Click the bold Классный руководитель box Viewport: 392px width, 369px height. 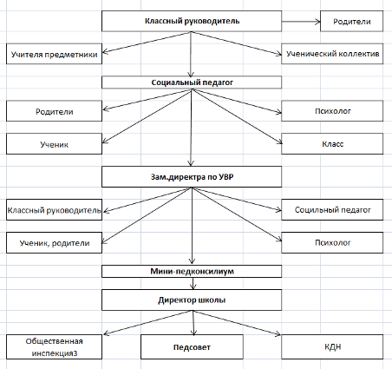pyautogui.click(x=192, y=21)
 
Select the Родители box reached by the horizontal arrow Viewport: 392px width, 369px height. pyautogui.click(x=352, y=21)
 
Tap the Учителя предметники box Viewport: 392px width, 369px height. pyautogui.click(x=54, y=54)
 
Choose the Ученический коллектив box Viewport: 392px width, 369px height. pyautogui.click(x=332, y=54)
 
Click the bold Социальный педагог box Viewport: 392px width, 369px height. pyautogui.click(x=192, y=82)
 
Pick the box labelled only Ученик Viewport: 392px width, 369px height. pyautogui.click(x=54, y=144)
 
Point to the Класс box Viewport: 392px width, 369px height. pyautogui.click(x=332, y=144)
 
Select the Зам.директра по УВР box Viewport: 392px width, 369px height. pyautogui.click(x=192, y=176)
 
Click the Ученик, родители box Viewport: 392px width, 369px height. pyautogui.click(x=54, y=242)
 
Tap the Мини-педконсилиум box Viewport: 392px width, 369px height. pyautogui.click(x=192, y=271)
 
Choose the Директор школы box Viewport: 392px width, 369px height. pyautogui.click(x=192, y=300)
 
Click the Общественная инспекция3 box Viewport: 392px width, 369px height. pyautogui.click(x=54, y=347)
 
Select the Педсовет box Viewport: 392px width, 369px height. pyautogui.click(x=192, y=347)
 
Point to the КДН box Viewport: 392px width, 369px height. pyautogui.click(x=332, y=347)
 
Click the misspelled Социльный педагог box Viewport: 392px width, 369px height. pyautogui.click(x=332, y=209)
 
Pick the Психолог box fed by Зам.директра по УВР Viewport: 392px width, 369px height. pyautogui.click(x=332, y=242)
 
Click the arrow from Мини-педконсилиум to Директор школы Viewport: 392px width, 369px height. pyautogui.click(x=193, y=284)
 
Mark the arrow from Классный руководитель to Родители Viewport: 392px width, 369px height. pyautogui.click(x=301, y=22)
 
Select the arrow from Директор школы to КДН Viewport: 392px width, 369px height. pyautogui.click(x=237, y=323)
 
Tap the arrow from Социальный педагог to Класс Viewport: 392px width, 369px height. pyautogui.click(x=237, y=116)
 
